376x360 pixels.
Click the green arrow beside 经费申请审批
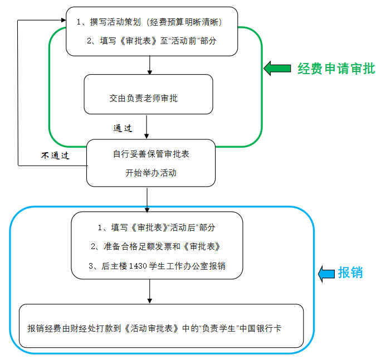tap(277, 69)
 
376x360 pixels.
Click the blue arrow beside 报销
tap(326, 273)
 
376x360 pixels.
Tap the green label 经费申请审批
tap(336, 69)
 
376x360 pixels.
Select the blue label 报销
tap(350, 273)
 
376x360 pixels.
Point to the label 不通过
tap(55, 155)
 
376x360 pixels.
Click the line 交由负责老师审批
tap(144, 98)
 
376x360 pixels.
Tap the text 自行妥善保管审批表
tap(152, 154)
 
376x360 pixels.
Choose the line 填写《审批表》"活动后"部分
tap(156, 227)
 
